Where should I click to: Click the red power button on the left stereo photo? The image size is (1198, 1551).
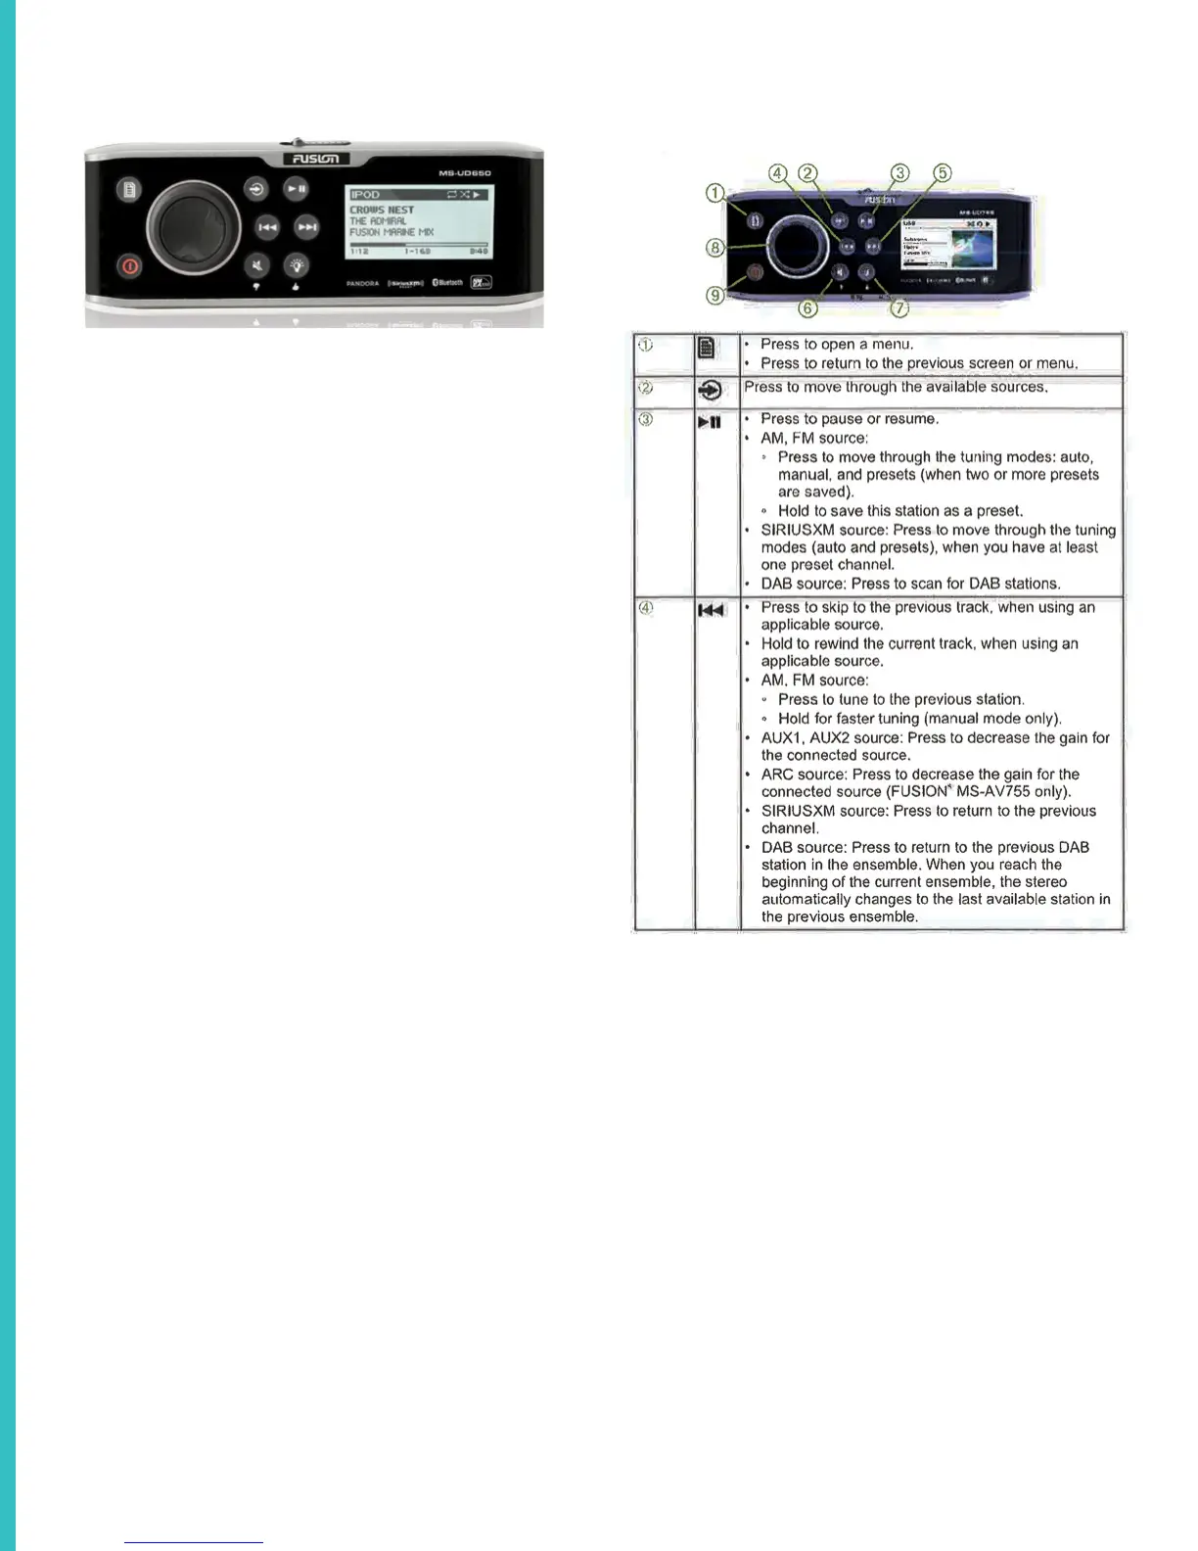[x=129, y=265]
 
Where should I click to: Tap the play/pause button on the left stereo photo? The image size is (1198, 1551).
[x=297, y=189]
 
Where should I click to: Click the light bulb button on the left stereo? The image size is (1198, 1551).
[x=297, y=265]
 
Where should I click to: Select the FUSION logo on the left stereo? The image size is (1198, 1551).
[x=314, y=159]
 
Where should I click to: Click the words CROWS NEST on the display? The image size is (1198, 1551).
[x=382, y=210]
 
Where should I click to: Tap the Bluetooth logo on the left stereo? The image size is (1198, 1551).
[x=447, y=283]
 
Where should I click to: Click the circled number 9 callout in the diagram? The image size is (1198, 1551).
[x=716, y=295]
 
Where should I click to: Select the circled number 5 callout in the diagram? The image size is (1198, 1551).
[x=942, y=173]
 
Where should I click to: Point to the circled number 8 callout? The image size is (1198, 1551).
[x=716, y=248]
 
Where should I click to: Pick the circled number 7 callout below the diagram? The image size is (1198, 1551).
[x=898, y=308]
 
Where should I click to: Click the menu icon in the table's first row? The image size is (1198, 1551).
[x=706, y=348]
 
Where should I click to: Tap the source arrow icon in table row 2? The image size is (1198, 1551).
[x=712, y=391]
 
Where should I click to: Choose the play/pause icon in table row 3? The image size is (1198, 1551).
[x=710, y=423]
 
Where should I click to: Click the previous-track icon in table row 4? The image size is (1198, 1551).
[x=711, y=611]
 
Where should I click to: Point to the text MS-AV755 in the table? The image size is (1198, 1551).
[x=992, y=791]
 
